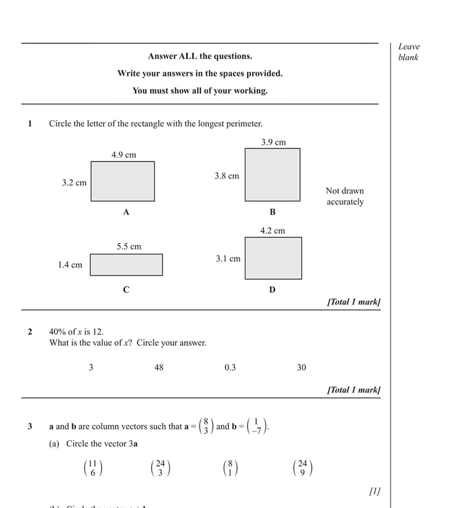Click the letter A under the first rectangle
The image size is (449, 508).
(x=126, y=212)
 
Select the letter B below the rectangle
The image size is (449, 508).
(x=272, y=212)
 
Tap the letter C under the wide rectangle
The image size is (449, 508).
(x=126, y=290)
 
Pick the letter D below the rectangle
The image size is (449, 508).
(x=272, y=290)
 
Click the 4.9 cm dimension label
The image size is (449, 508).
(x=124, y=155)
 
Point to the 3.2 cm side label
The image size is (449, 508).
(x=74, y=183)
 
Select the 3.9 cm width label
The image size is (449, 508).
(x=274, y=142)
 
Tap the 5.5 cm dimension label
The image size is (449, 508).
(x=129, y=247)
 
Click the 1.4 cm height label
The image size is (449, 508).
(x=70, y=265)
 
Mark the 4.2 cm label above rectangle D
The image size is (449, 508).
(x=273, y=231)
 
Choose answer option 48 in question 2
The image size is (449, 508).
(x=159, y=368)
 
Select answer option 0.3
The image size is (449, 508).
(x=230, y=368)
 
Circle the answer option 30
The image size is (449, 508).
(x=302, y=368)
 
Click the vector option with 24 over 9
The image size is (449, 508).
(x=303, y=468)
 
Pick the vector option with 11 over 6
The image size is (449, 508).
(x=93, y=468)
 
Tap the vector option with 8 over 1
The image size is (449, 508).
(x=230, y=468)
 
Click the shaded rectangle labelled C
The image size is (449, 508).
(x=126, y=265)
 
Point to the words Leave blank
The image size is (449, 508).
(x=409, y=52)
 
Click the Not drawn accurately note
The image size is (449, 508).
(x=345, y=196)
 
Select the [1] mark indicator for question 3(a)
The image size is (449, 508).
(x=375, y=491)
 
